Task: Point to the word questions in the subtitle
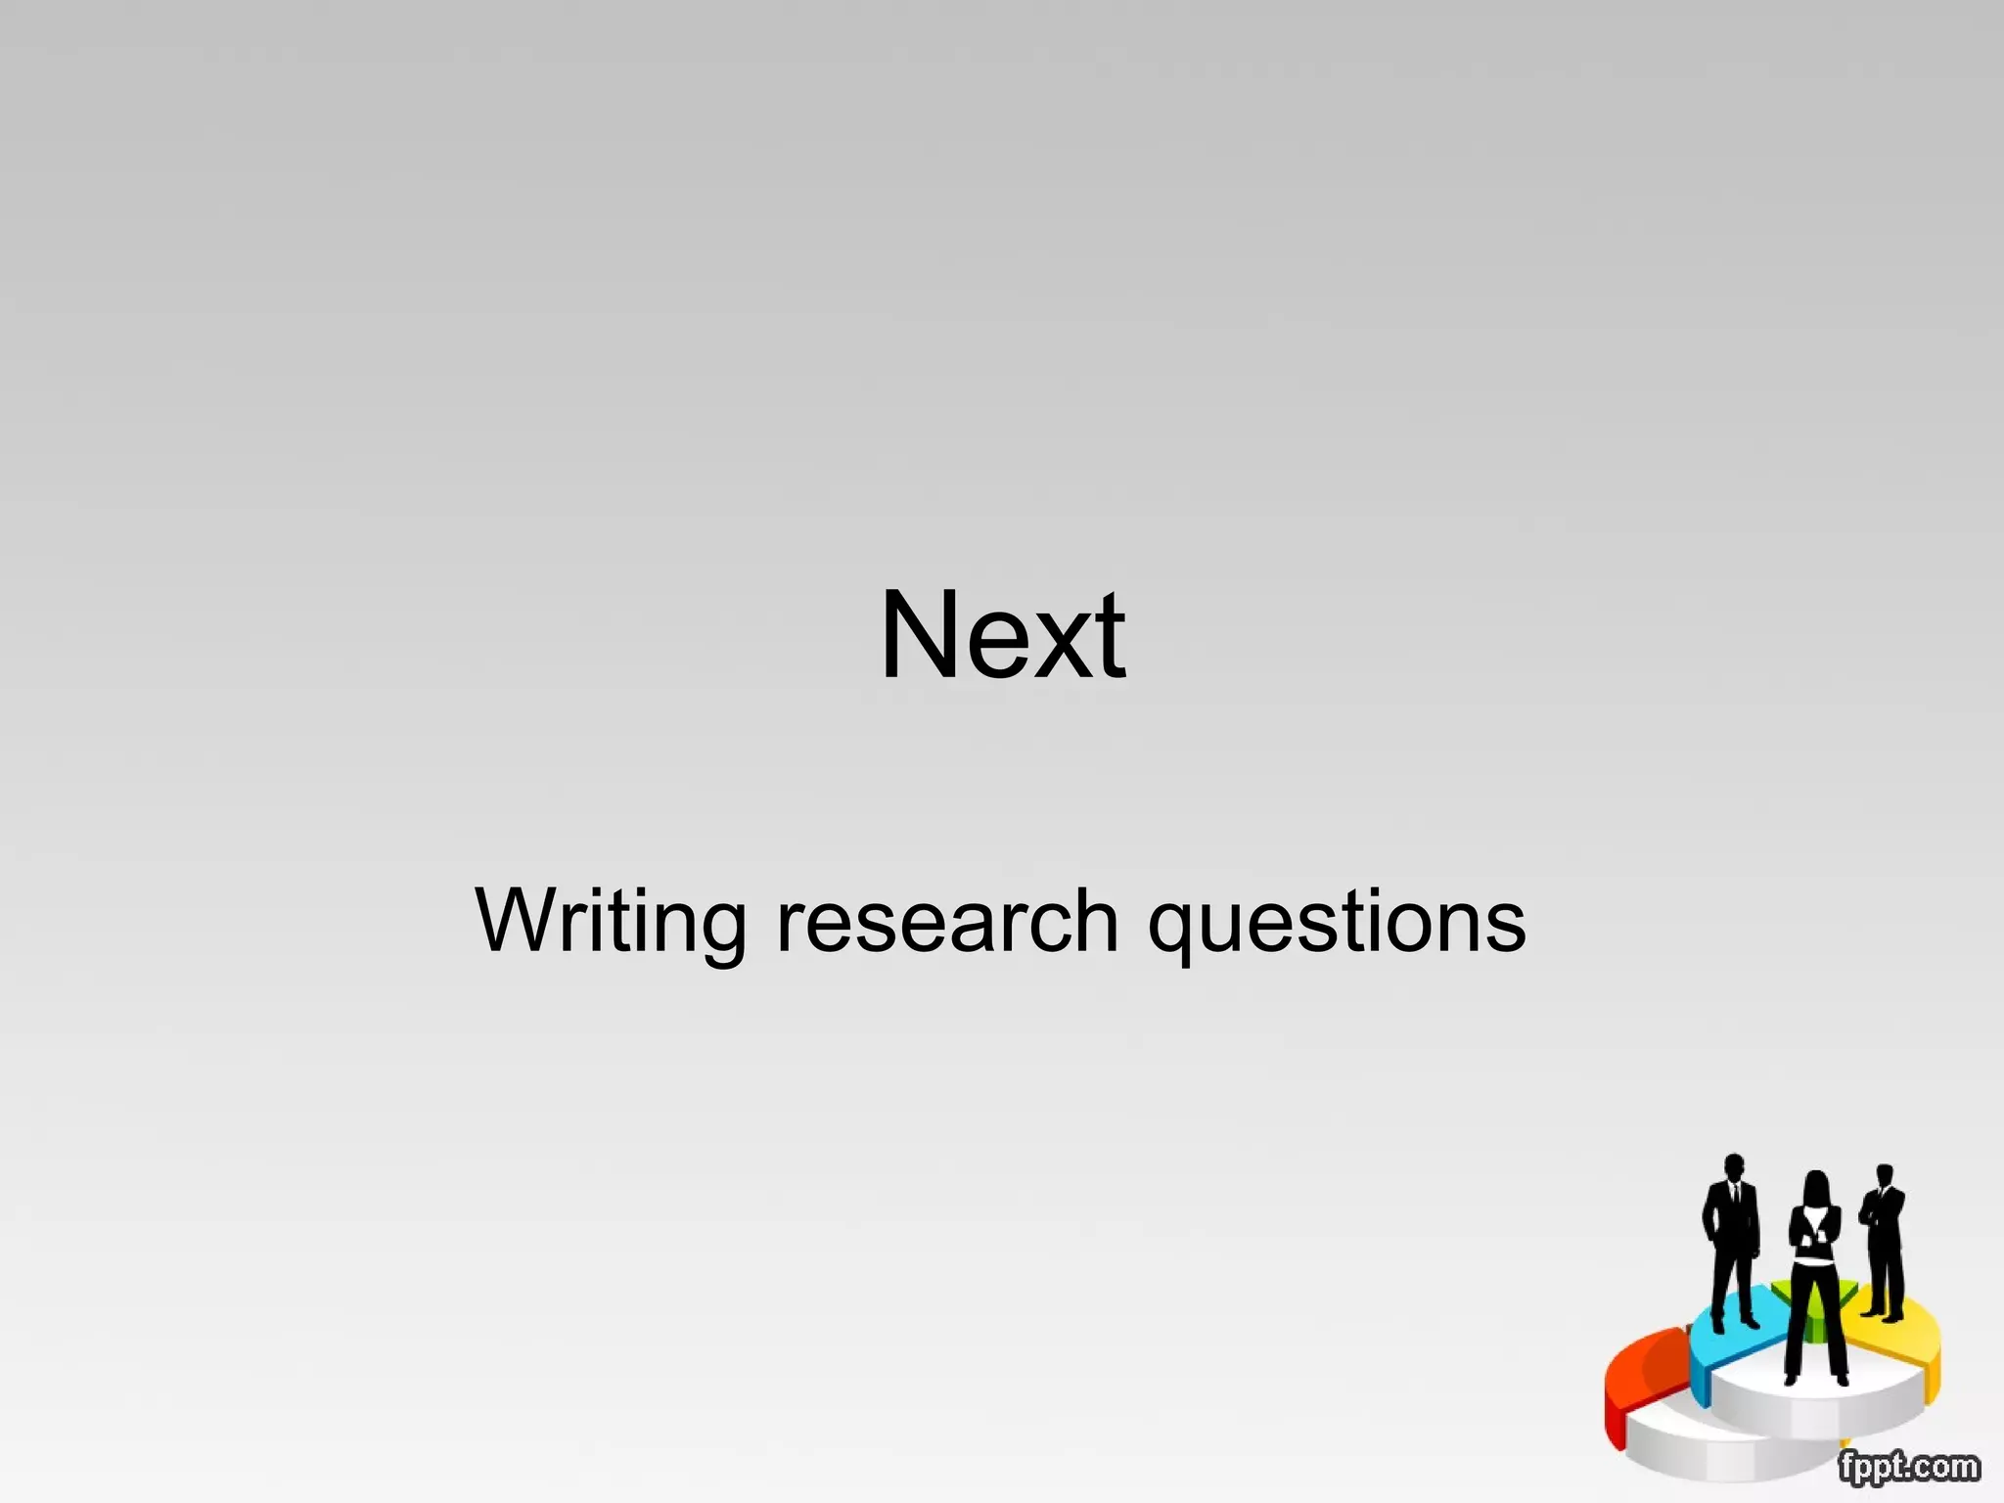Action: pyautogui.click(x=1336, y=923)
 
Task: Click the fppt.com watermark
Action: pyautogui.click(x=1908, y=1467)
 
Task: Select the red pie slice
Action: pyautogui.click(x=1644, y=1370)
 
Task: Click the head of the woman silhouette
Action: pyautogui.click(x=1816, y=1188)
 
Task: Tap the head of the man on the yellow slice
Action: pyautogui.click(x=1885, y=1176)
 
